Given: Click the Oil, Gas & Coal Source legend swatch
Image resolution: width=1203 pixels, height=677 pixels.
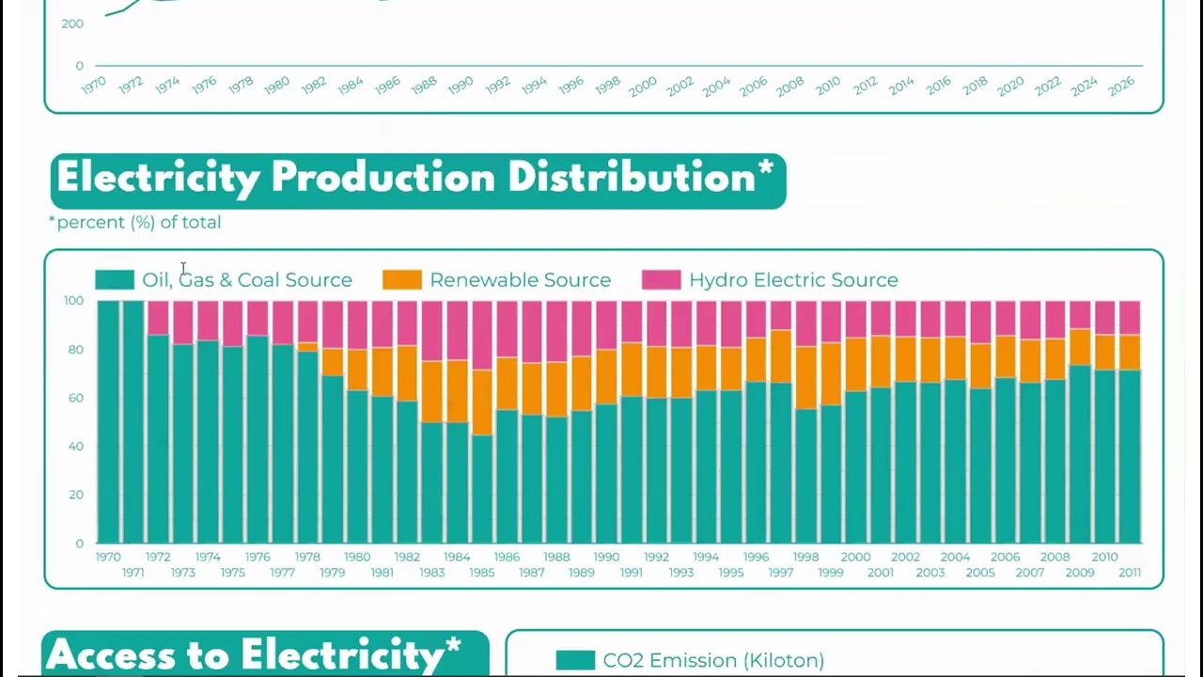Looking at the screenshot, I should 115,280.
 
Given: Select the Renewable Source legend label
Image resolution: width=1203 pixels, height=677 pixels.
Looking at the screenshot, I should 520,280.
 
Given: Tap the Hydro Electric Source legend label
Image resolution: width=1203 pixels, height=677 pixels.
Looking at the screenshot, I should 793,280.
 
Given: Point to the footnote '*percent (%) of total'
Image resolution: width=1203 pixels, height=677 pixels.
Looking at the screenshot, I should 135,223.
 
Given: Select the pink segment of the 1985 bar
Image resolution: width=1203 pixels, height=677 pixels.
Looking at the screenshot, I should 482,335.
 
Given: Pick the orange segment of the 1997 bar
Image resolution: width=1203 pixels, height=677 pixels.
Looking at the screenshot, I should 781,355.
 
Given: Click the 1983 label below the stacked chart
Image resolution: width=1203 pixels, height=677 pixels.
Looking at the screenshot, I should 432,573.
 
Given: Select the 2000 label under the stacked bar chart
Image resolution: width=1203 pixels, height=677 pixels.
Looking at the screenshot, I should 856,557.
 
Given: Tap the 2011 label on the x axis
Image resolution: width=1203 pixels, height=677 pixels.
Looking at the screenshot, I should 1130,573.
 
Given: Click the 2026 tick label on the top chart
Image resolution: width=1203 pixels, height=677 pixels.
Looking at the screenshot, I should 1121,87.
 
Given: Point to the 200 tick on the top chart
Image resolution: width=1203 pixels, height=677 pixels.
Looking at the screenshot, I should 72,24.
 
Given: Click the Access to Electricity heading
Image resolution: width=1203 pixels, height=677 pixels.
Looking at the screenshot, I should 253,654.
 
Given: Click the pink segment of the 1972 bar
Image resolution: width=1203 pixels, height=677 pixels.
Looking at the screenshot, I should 159,318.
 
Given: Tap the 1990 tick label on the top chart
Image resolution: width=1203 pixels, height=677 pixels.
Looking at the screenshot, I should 461,86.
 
